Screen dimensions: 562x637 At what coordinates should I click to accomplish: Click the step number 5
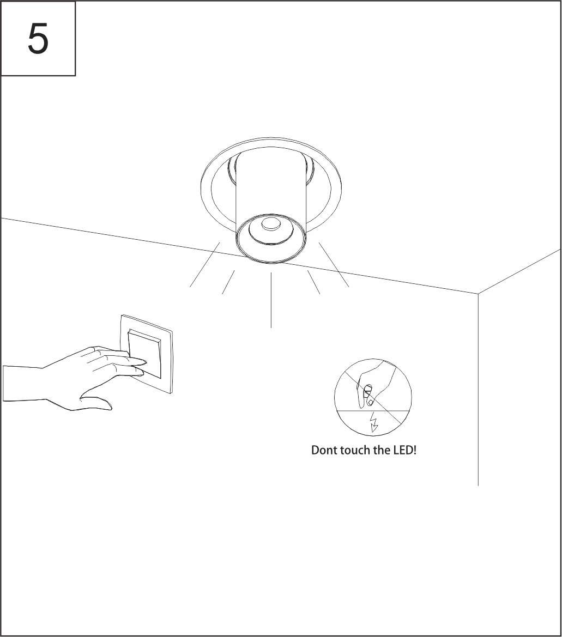pyautogui.click(x=38, y=39)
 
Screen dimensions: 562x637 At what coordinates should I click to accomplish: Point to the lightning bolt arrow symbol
pyautogui.click(x=373, y=422)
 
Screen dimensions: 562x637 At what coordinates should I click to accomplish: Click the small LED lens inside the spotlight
pyautogui.click(x=271, y=224)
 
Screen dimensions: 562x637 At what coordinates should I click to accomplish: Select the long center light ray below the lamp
pyautogui.click(x=271, y=300)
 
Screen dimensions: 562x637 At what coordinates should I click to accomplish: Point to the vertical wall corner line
pyautogui.click(x=478, y=389)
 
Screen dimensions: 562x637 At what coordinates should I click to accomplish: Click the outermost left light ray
pyautogui.click(x=205, y=265)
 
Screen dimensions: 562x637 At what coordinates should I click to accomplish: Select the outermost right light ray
pyautogui.click(x=334, y=265)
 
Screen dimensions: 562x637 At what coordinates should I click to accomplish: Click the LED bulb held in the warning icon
pyautogui.click(x=367, y=390)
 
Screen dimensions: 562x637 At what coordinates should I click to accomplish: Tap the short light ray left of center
pyautogui.click(x=228, y=282)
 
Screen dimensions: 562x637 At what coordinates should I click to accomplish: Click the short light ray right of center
pyautogui.click(x=314, y=282)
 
